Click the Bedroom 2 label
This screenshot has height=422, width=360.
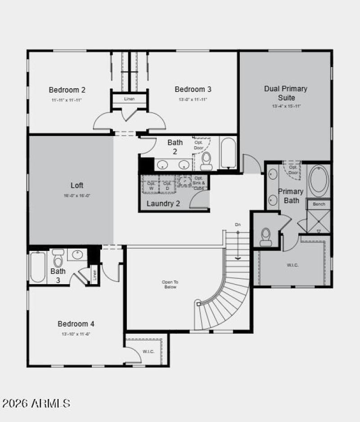pos(67,90)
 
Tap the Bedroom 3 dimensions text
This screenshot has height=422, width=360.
pos(193,100)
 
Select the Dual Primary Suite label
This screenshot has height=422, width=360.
pos(286,93)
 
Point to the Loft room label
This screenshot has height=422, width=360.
pos(77,186)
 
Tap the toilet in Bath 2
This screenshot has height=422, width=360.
pos(206,161)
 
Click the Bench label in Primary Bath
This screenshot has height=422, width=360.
pos(319,204)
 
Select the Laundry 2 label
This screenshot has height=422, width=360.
pos(163,204)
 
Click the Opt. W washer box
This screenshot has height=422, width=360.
pos(151,185)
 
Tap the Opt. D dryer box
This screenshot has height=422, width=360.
pos(167,185)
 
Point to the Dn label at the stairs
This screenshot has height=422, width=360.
pos(238,224)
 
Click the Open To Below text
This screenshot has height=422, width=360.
pos(170,285)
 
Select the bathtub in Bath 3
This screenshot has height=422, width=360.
pos(37,267)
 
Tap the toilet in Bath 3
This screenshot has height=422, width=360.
pos(58,258)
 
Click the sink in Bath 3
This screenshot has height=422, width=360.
pos(77,255)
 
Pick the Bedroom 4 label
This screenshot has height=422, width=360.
pos(76,324)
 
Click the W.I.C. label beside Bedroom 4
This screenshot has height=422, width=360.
pos(148,351)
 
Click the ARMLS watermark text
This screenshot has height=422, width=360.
pos(36,403)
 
